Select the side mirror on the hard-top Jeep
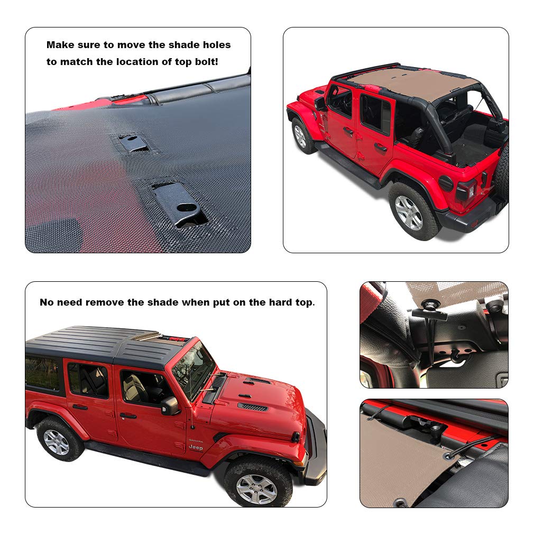coord(170,406)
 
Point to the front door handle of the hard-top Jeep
coord(128,416)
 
